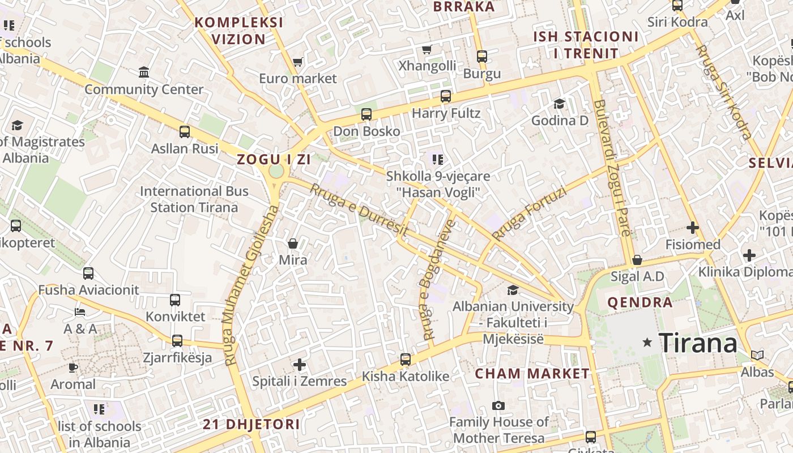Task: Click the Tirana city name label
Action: click(698, 343)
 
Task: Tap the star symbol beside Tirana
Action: click(647, 342)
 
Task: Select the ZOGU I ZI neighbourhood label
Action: click(274, 159)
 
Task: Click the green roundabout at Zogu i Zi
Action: click(276, 171)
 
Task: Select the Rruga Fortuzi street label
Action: click(529, 213)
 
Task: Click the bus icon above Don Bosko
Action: click(366, 114)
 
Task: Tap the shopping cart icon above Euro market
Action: click(297, 62)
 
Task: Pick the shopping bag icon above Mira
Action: click(293, 243)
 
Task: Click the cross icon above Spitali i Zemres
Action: click(300, 365)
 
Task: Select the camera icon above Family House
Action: click(498, 405)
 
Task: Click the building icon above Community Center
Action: click(144, 72)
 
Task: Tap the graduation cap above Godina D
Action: click(559, 104)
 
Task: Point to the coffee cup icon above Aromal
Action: click(73, 367)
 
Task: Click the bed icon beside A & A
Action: click(80, 312)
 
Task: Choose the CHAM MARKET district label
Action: click(532, 374)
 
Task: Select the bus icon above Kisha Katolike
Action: click(406, 359)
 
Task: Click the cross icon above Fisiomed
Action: click(692, 228)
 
